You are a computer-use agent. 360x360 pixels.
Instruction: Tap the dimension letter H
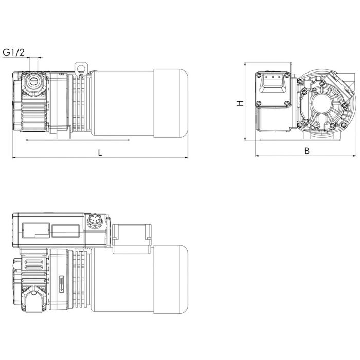tap(240, 103)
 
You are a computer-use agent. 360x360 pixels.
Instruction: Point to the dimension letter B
tap(307, 151)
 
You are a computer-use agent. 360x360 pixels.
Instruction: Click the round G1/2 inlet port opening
tap(35, 80)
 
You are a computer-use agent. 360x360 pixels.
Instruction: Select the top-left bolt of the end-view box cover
tap(259, 75)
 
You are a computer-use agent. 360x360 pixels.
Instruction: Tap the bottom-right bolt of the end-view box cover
tap(286, 104)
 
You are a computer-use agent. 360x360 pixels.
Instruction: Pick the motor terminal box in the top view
tap(131, 239)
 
